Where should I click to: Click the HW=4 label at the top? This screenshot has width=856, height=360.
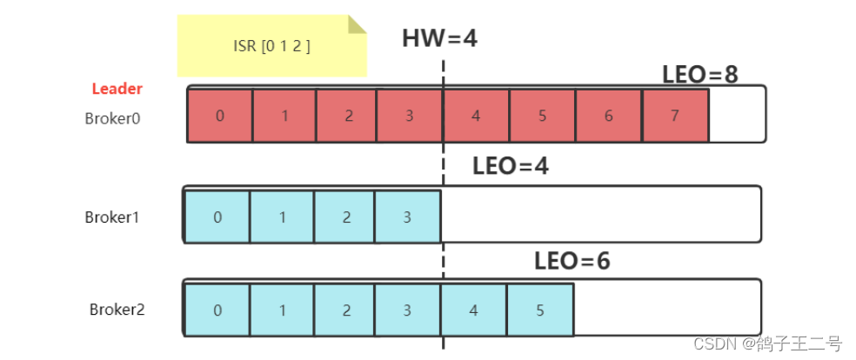pos(439,38)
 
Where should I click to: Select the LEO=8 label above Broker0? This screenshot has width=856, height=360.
pos(699,75)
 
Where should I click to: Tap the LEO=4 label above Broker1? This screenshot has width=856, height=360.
pos(511,166)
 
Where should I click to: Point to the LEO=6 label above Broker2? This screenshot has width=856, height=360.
pos(572,260)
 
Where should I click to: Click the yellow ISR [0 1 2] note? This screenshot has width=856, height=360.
pos(271,45)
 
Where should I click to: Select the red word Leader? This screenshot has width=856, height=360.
pos(117,89)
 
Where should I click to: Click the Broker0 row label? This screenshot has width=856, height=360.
pos(112,117)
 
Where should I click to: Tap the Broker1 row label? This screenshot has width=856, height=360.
pos(112,217)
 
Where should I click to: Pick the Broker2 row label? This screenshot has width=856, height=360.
pos(117,309)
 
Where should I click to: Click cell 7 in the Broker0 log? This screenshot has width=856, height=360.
pos(674,115)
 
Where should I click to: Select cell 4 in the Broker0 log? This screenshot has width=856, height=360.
pos(475,115)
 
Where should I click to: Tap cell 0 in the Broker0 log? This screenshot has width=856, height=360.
pos(220,115)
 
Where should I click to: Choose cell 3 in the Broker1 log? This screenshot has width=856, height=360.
pos(407,217)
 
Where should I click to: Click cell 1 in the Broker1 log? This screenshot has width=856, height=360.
pos(282,217)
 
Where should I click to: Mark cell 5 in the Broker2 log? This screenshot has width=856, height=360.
pos(539,310)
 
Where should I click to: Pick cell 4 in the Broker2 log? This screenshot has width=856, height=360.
pos(473,310)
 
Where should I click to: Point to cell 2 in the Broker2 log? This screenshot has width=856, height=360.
pos(346,310)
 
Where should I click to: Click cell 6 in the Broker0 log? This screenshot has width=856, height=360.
pos(608,115)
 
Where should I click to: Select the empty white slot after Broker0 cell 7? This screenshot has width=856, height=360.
pos(737,115)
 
